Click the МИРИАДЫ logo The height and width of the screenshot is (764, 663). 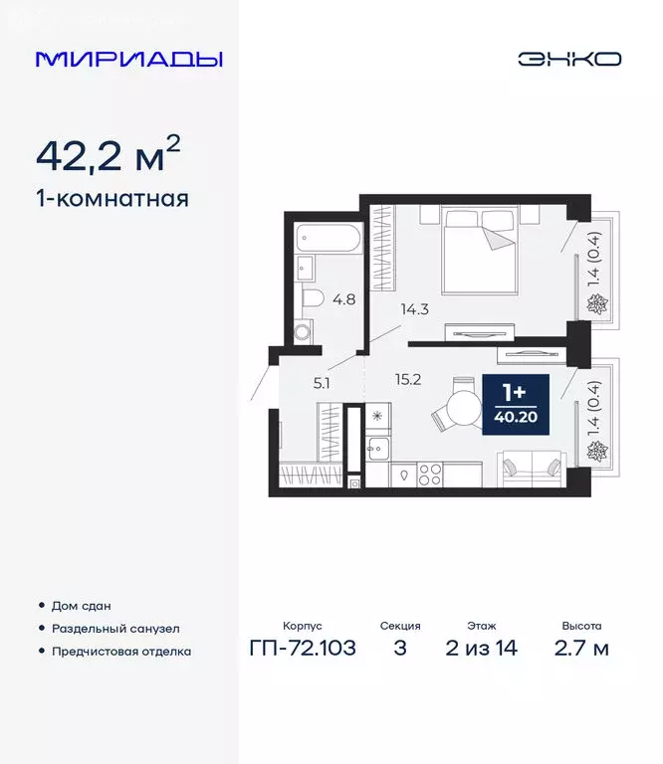pyautogui.click(x=128, y=59)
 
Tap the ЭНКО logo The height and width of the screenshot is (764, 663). pyautogui.click(x=568, y=59)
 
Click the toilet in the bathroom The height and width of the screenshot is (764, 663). pyautogui.click(x=310, y=297)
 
